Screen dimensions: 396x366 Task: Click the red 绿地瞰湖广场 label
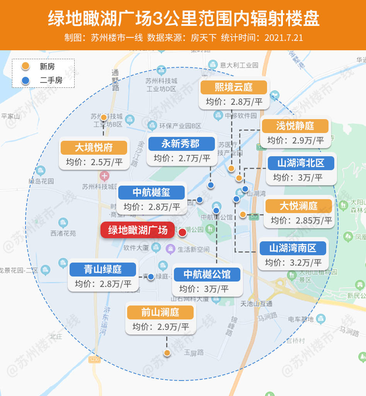(138, 230)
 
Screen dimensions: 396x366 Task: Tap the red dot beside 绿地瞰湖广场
(182, 232)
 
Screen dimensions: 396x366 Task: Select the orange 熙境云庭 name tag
(233, 87)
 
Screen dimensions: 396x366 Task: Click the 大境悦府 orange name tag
(94, 148)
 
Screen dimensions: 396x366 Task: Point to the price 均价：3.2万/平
(293, 263)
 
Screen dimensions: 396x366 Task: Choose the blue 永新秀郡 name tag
(180, 144)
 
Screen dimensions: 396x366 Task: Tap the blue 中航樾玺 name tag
(152, 192)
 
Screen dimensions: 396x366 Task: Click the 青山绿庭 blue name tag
(103, 269)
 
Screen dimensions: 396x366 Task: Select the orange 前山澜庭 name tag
(160, 312)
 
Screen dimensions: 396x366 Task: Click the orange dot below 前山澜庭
(167, 353)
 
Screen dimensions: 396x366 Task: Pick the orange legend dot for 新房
(26, 67)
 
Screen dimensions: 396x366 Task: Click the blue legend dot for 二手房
(26, 81)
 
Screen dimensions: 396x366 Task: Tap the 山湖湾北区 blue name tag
(301, 163)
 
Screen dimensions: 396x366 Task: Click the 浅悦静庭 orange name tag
(295, 126)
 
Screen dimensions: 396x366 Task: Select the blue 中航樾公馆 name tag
(207, 275)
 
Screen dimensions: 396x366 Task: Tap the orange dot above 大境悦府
(104, 117)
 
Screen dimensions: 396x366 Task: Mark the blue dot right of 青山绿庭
(151, 277)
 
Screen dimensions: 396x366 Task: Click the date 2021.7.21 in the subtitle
(284, 38)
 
